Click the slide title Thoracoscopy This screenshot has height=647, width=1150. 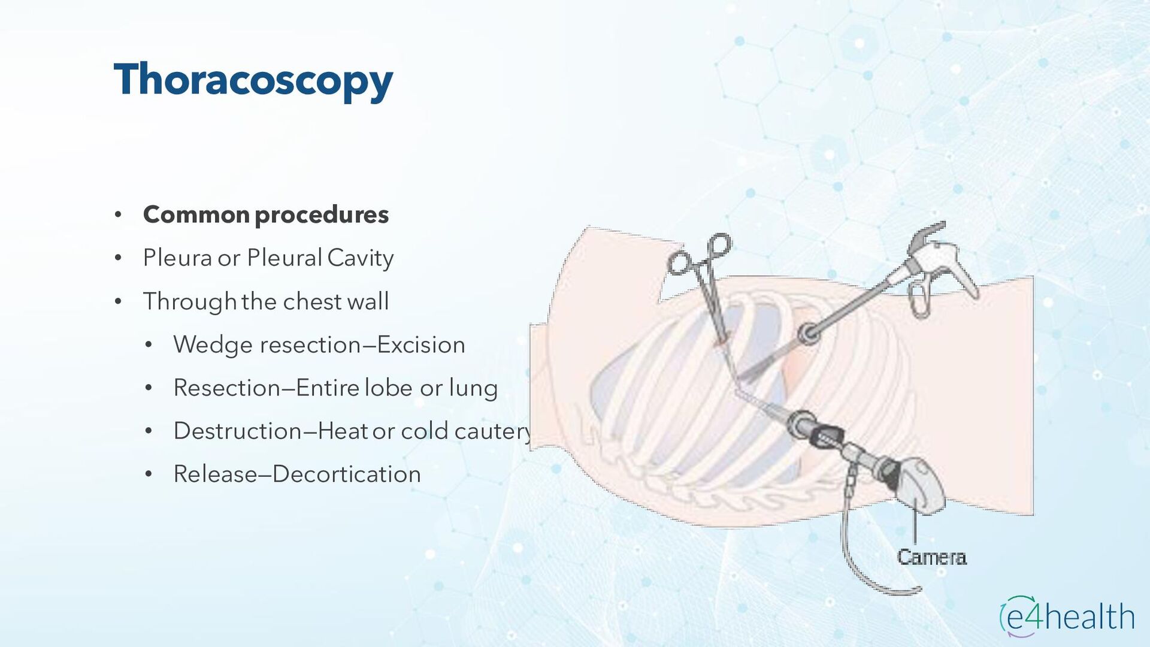[x=253, y=80]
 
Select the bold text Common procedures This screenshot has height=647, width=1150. [x=265, y=214]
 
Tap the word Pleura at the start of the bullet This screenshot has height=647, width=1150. [x=177, y=258]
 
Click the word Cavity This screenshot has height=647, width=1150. [x=360, y=259]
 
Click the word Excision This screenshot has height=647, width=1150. [x=421, y=345]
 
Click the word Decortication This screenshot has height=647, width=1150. [x=347, y=474]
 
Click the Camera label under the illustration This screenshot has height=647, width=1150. [x=931, y=557]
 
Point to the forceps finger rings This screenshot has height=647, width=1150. [x=700, y=255]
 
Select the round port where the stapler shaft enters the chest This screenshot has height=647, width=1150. [x=807, y=333]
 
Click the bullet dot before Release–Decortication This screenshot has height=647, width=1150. [x=149, y=474]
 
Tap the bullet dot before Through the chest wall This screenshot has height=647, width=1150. [x=118, y=301]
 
